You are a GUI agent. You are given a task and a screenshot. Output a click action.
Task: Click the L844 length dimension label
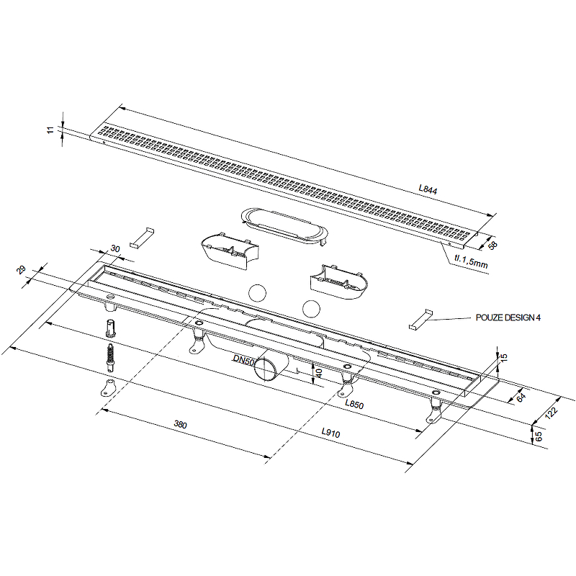(x=428, y=189)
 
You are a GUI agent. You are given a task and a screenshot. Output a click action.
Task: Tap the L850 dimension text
(x=354, y=405)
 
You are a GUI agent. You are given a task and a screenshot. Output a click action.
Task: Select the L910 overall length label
(x=330, y=433)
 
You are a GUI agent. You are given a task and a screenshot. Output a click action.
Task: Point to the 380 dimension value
(x=181, y=424)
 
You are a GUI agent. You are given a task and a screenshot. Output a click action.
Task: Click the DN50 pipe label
(x=243, y=360)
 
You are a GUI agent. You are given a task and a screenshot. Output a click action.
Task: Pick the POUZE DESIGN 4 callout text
(x=508, y=318)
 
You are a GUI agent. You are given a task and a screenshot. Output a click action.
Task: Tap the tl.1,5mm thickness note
(x=471, y=261)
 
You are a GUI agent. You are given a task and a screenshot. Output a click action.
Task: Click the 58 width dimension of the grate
(x=492, y=245)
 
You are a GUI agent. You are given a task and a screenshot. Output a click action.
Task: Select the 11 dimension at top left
(x=50, y=130)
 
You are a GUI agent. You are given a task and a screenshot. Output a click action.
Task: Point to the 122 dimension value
(x=551, y=412)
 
